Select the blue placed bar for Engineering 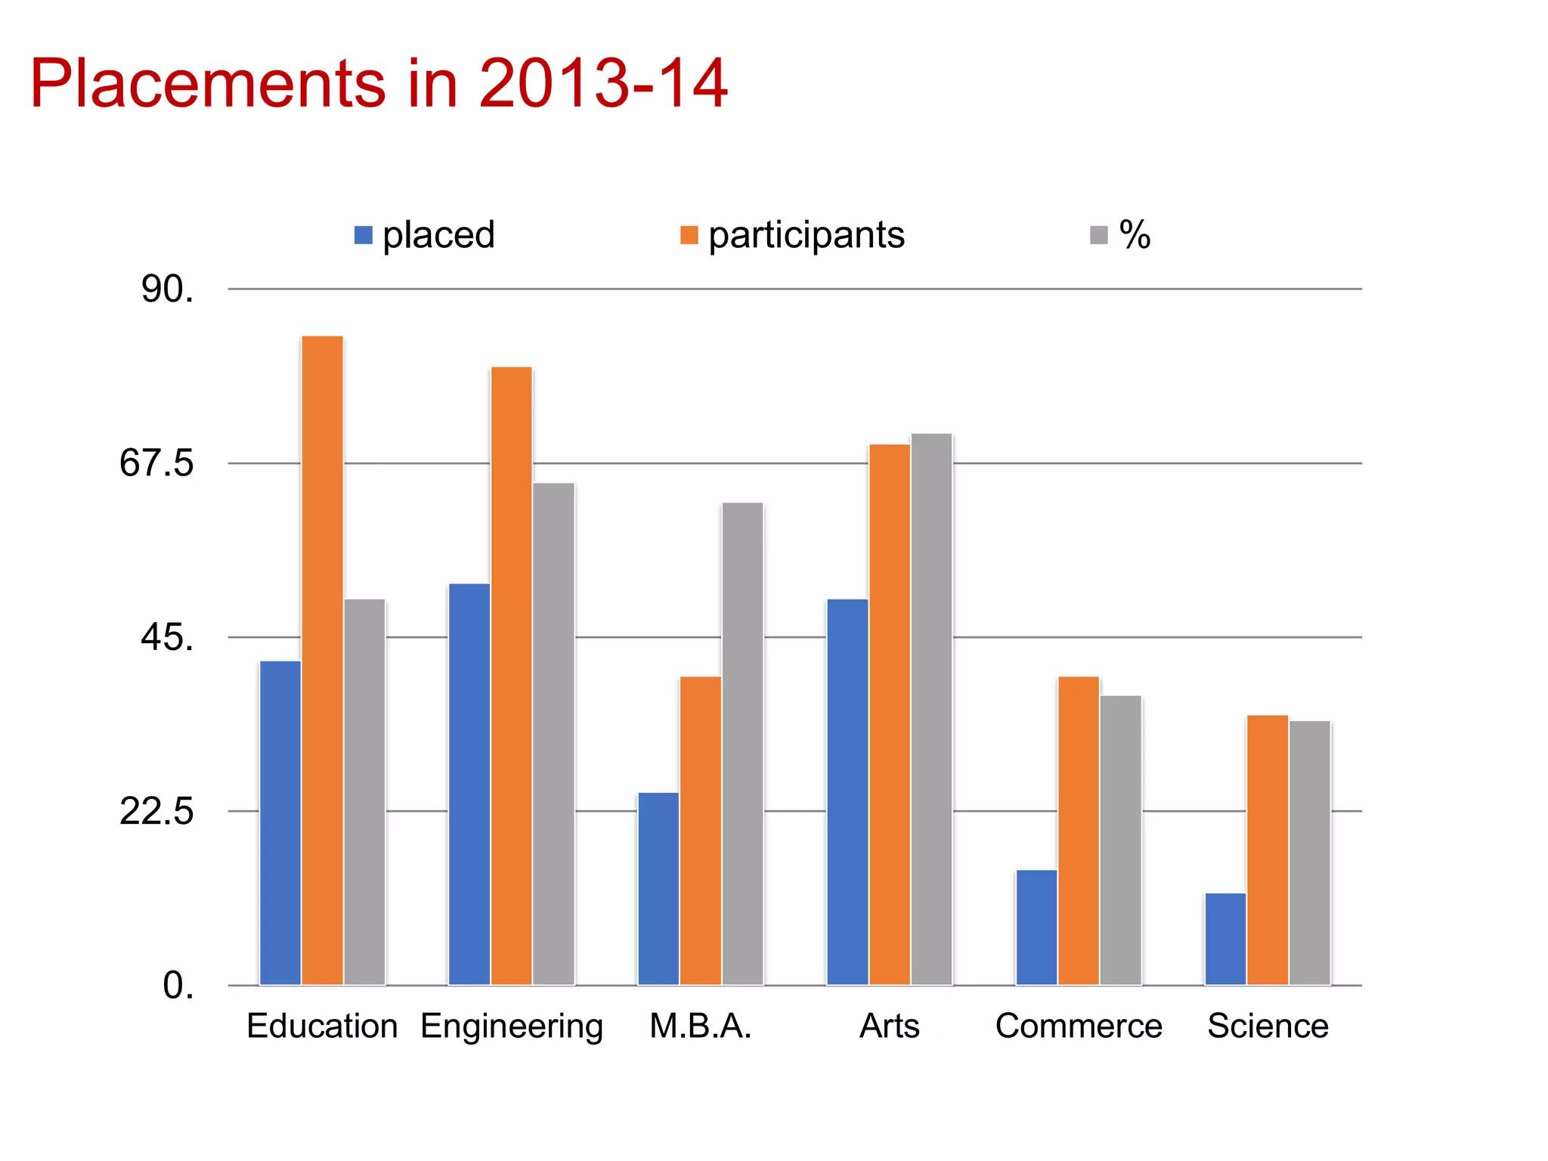click(x=469, y=784)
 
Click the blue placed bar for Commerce click(x=1036, y=927)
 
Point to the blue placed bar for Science click(x=1225, y=939)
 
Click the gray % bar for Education click(x=364, y=791)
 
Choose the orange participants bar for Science click(x=1268, y=850)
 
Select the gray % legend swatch click(x=1098, y=235)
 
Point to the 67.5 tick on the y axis click(x=156, y=463)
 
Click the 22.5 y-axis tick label click(x=156, y=812)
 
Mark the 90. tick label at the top click(x=167, y=289)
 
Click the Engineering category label click(x=512, y=1026)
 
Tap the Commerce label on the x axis click(x=1079, y=1026)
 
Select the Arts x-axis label click(x=890, y=1026)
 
